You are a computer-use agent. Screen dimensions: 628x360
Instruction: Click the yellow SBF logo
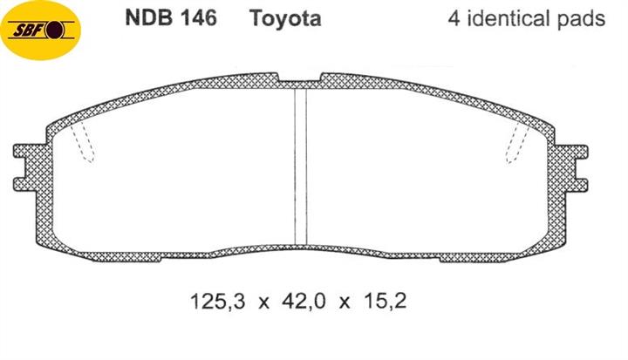coord(40,30)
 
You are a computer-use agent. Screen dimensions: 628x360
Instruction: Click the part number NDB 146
coord(171,18)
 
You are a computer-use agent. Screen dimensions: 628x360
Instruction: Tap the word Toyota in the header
coord(285,19)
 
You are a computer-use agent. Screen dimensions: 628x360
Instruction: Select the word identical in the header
coord(509,19)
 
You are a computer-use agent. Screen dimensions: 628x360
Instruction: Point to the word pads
coord(580,19)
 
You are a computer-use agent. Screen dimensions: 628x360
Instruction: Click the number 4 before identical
coord(454,19)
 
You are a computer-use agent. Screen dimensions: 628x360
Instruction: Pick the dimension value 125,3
coord(217,302)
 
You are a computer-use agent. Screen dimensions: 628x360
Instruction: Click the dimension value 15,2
coord(386,302)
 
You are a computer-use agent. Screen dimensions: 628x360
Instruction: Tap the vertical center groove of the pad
coord(301,166)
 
